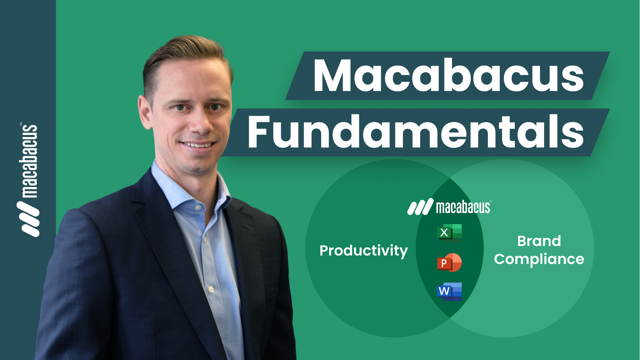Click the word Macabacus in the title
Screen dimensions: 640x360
(448, 75)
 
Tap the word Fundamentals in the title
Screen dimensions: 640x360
(415, 132)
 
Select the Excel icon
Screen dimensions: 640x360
(449, 233)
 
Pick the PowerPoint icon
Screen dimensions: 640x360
(449, 262)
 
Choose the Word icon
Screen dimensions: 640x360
(449, 292)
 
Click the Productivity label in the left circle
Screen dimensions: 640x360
(363, 251)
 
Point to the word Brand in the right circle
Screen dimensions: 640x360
(539, 241)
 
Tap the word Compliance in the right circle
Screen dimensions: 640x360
(539, 259)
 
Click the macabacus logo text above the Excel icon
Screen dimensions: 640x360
(463, 207)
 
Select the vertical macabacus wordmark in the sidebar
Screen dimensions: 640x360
(28, 161)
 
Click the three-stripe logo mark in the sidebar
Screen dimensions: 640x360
(28, 219)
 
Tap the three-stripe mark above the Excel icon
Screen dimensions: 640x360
(420, 207)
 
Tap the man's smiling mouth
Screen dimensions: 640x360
(198, 145)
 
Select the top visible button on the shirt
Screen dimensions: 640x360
(198, 207)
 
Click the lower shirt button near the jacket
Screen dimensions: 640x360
(211, 289)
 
